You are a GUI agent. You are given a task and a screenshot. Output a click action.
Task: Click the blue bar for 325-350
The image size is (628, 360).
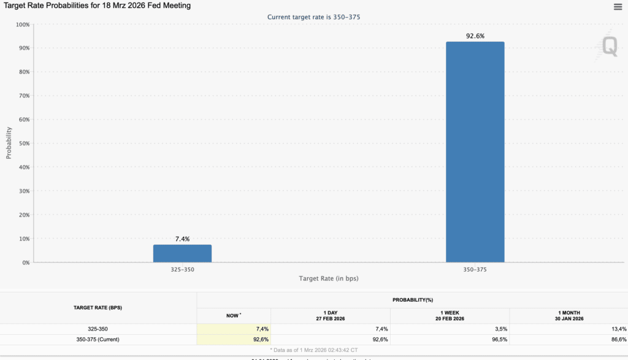pos(182,253)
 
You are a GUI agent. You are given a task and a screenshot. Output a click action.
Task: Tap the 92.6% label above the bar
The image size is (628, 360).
pos(475,36)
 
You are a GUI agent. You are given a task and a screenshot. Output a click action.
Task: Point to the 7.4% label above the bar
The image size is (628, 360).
pos(182,239)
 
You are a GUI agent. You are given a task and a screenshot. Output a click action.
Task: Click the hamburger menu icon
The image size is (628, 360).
pos(618,7)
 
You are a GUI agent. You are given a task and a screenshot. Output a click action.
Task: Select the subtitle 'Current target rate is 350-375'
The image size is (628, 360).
pos(313,17)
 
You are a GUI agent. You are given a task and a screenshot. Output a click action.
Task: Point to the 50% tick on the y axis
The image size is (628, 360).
pos(23,144)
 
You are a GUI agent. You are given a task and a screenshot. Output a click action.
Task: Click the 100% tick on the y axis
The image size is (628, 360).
pos(21,25)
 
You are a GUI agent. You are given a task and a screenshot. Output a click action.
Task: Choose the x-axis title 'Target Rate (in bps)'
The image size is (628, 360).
pos(329,278)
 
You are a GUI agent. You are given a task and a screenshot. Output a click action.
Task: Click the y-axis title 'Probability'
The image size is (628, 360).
pos(9,143)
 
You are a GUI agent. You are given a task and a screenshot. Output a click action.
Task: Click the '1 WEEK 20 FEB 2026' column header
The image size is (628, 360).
pos(450,315)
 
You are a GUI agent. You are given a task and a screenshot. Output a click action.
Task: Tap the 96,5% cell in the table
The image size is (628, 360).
pos(498,339)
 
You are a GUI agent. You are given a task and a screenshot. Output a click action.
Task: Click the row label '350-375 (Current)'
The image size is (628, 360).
pos(98,339)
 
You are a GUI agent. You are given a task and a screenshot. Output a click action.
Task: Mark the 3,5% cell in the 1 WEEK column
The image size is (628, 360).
pos(499,329)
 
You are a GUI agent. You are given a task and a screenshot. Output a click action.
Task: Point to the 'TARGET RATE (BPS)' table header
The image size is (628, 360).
pos(98,307)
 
